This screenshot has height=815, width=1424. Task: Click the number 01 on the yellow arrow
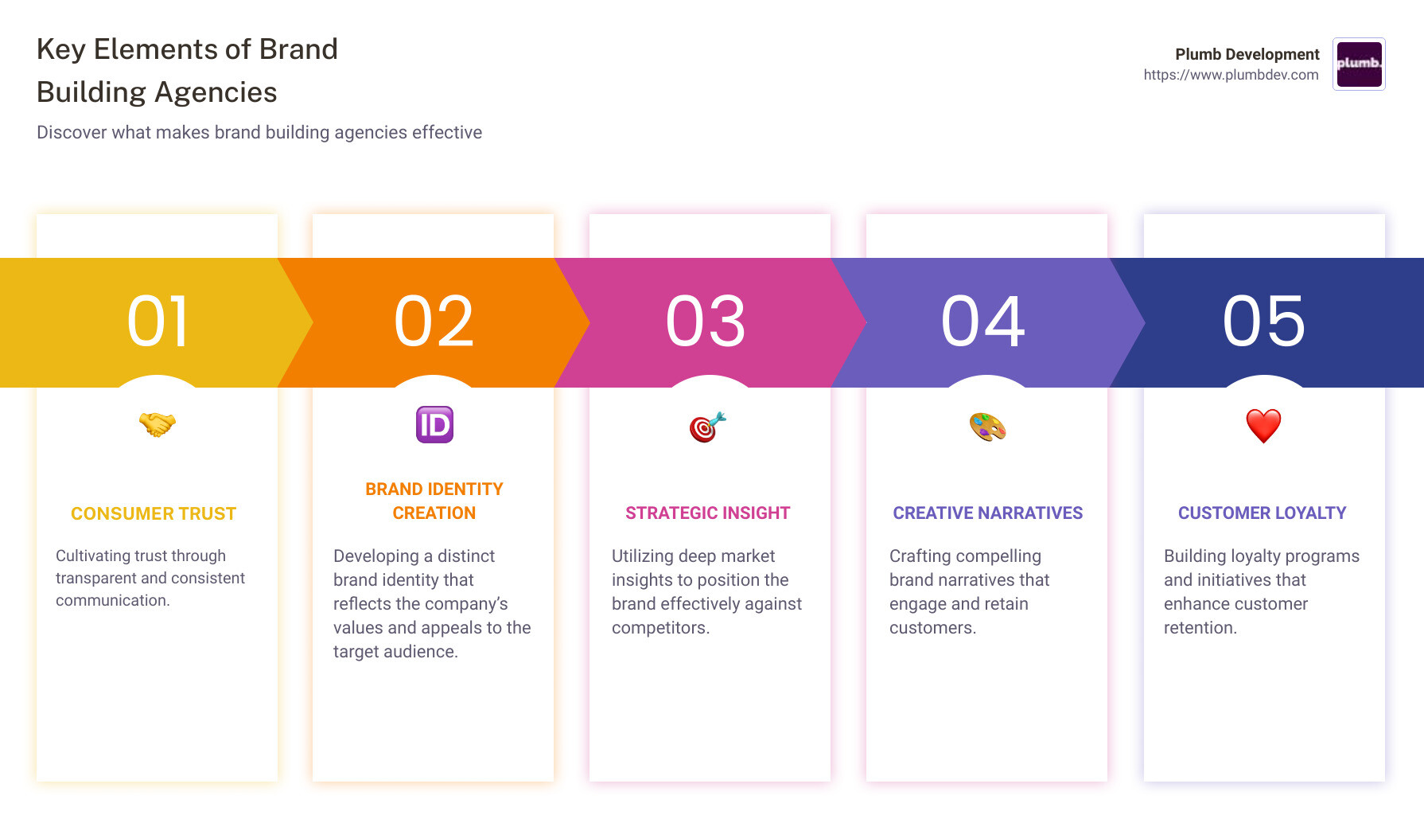(158, 322)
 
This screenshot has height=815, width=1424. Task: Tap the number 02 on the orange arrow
(434, 322)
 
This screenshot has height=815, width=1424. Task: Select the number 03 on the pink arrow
(706, 322)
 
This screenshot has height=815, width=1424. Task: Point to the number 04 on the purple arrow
(983, 322)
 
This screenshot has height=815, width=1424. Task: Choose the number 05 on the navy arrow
(1264, 322)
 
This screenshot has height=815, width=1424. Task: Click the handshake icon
(157, 424)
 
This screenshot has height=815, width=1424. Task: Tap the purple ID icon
(434, 424)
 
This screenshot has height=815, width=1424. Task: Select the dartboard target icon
(707, 427)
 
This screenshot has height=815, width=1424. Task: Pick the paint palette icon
(987, 427)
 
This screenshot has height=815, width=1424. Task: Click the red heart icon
(1263, 426)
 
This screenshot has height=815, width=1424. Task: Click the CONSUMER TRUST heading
(154, 514)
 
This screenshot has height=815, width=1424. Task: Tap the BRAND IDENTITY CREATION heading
(434, 501)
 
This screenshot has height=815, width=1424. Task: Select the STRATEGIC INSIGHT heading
(707, 513)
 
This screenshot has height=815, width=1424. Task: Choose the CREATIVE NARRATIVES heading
(987, 513)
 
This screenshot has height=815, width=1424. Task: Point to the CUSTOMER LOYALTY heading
(1262, 513)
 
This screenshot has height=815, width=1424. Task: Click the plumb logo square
(1359, 64)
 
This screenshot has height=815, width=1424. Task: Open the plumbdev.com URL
(1231, 75)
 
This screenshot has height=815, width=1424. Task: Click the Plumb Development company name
(1247, 54)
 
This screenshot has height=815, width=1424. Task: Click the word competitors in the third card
(659, 628)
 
